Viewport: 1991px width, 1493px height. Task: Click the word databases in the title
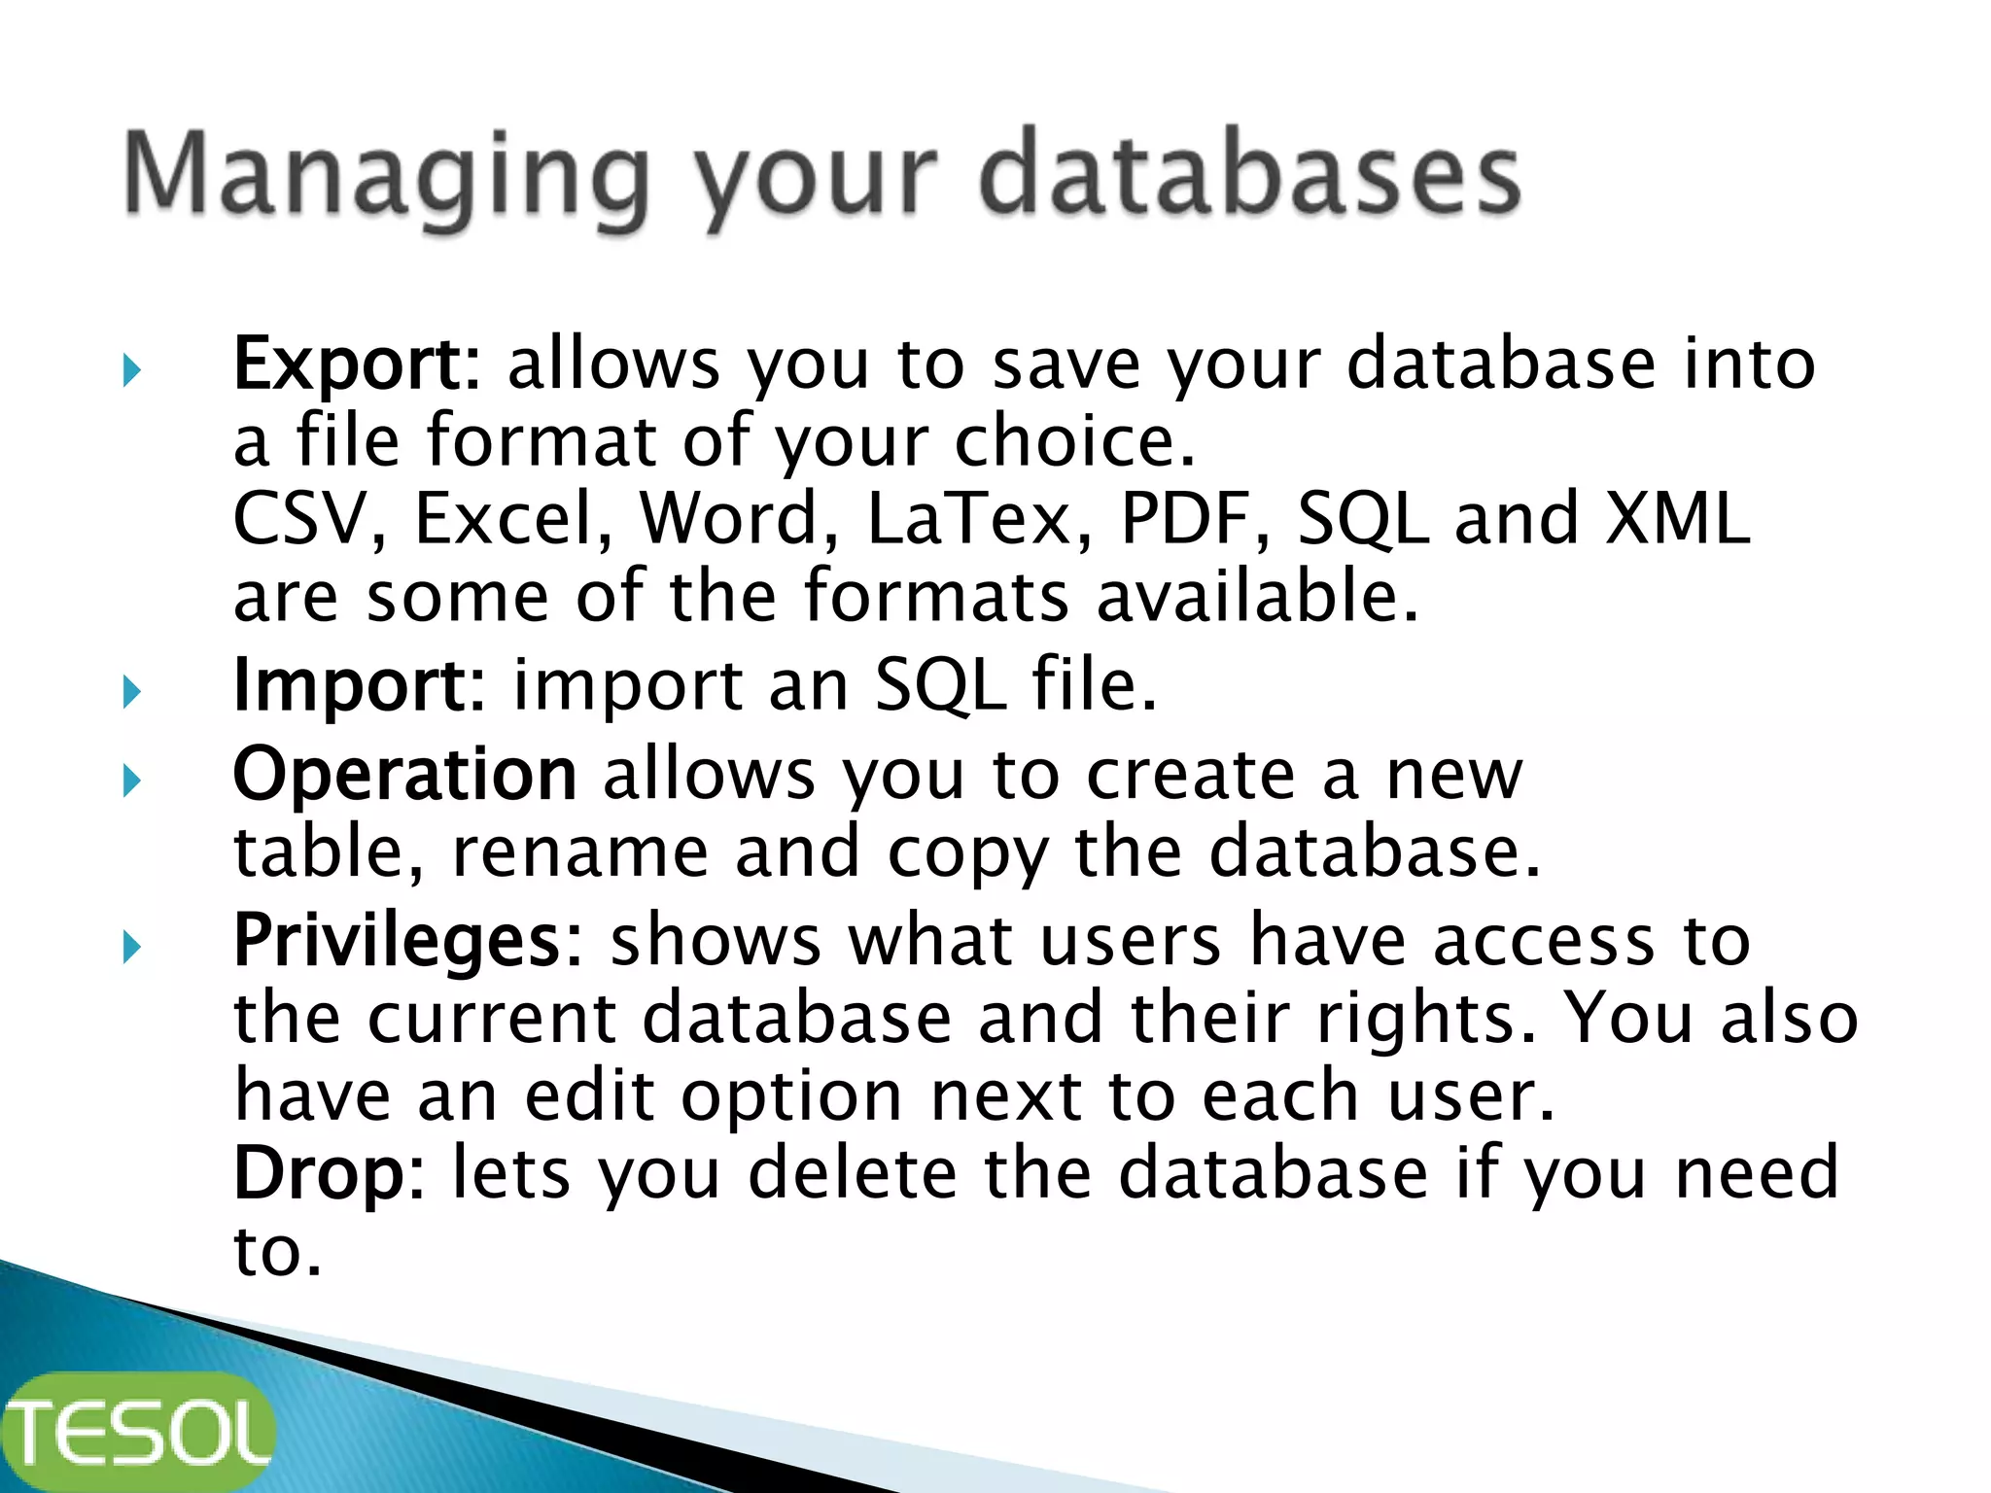(x=1249, y=175)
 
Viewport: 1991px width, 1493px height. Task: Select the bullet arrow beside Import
(x=132, y=692)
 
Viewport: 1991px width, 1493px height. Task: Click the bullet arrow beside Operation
(x=132, y=781)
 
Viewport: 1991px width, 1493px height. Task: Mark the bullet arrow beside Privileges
(x=132, y=948)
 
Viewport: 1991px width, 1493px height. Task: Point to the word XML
(x=1675, y=519)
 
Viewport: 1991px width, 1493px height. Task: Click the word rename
(x=579, y=852)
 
